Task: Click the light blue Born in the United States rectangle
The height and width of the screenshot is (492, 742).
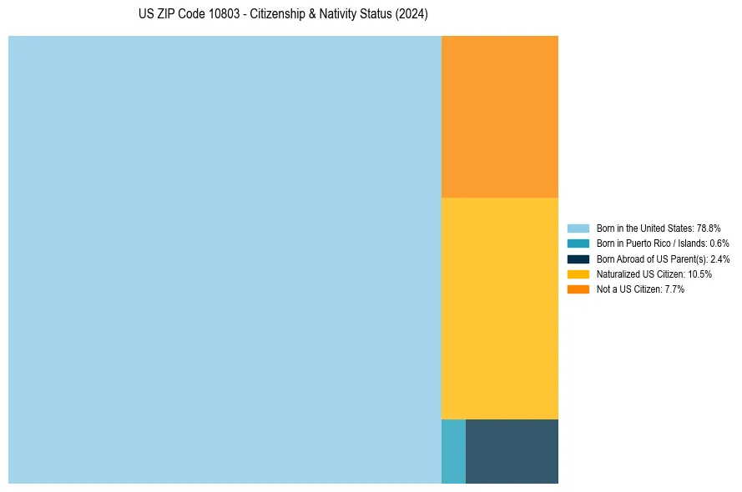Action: (225, 259)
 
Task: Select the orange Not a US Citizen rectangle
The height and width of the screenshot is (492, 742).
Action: (499, 116)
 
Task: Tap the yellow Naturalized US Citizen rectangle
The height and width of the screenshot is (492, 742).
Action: (499, 308)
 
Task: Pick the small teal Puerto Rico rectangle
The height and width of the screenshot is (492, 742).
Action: (453, 451)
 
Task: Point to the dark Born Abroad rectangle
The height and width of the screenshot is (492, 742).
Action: (512, 451)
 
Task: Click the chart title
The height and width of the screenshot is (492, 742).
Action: (283, 15)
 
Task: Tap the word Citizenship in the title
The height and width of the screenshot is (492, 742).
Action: (280, 15)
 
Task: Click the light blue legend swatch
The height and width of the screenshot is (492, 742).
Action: (578, 228)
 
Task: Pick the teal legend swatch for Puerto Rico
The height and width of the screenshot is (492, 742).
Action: (578, 243)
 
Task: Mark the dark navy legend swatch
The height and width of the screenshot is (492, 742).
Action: (578, 259)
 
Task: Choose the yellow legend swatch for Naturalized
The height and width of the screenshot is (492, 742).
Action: (578, 274)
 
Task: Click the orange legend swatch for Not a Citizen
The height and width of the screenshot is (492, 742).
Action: (578, 289)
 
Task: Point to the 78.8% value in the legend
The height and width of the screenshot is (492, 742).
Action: (708, 228)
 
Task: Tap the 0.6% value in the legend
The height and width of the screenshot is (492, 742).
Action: (719, 243)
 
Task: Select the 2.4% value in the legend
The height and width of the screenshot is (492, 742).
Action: (719, 259)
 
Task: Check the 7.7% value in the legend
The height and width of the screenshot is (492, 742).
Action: (674, 289)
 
